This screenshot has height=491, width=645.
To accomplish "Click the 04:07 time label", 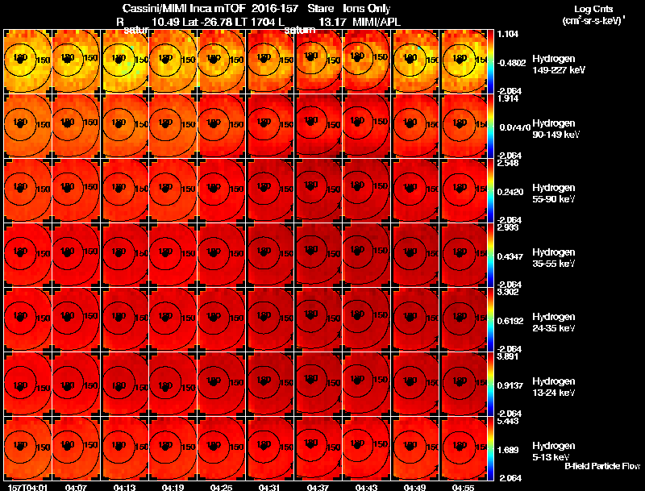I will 76,487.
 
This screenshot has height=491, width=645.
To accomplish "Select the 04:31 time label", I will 270,487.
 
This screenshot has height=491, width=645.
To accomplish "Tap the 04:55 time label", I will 464,487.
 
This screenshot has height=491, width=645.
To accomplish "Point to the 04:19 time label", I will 173,487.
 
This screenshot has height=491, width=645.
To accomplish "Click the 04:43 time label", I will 367,487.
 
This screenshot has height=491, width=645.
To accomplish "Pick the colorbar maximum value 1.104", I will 507,35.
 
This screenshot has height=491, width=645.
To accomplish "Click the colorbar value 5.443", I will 507,422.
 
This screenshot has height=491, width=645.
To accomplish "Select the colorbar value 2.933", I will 507,228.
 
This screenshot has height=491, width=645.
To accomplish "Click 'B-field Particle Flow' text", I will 601,466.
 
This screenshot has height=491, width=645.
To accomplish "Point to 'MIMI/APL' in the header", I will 377,22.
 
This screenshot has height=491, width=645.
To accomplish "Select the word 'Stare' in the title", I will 322,9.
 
